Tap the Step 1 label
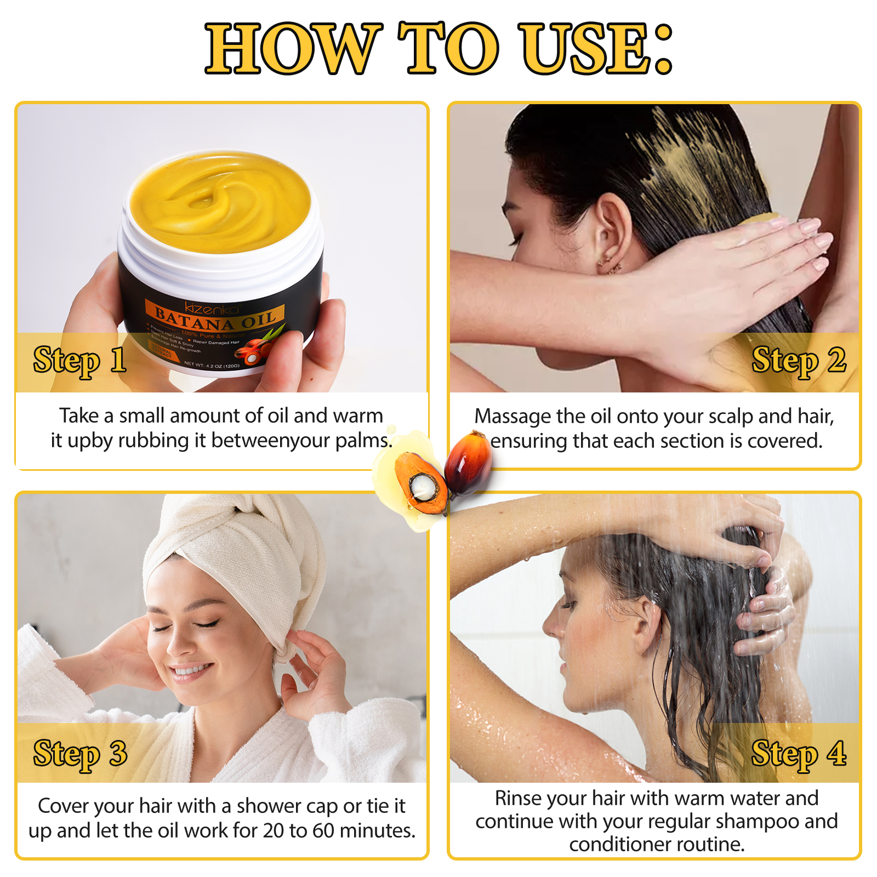coord(80,361)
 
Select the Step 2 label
coord(799,361)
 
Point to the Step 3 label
coord(80,754)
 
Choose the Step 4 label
coord(799,754)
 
